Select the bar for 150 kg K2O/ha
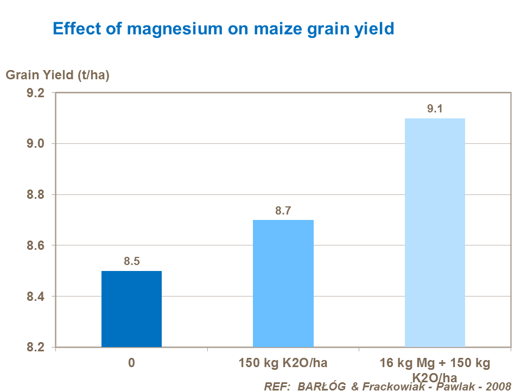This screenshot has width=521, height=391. coord(283,283)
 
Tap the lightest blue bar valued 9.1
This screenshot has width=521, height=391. coord(435,232)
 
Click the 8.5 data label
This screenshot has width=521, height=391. coord(132,262)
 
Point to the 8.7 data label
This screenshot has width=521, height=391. coord(283,211)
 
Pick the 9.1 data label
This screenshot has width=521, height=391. coord(435,109)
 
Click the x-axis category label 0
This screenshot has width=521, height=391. coord(131,363)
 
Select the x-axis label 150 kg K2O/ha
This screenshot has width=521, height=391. coord(283,363)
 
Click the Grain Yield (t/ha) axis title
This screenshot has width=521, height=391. coord(58,75)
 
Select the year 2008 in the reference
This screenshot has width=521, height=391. coord(498,386)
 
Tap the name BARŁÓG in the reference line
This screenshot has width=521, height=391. coord(319,386)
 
